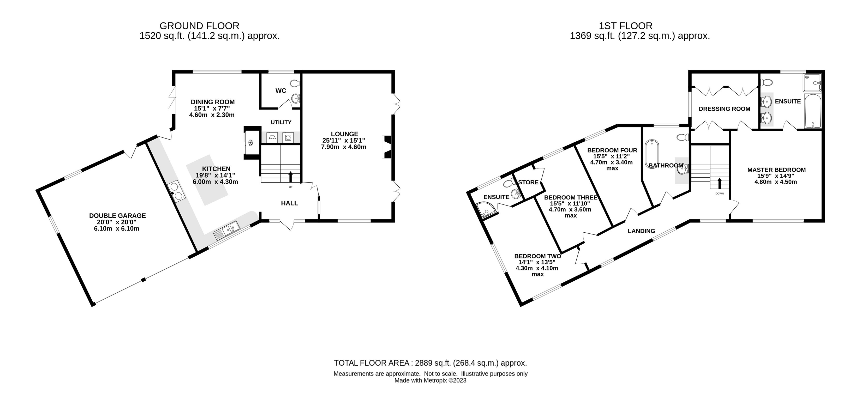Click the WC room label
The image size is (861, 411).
click(281, 90)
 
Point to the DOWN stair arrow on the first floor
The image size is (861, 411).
click(719, 183)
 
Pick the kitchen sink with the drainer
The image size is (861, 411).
click(227, 230)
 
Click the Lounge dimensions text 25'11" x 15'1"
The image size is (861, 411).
click(344, 141)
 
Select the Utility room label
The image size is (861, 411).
click(281, 122)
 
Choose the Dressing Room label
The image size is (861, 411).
click(724, 109)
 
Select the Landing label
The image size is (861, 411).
click(641, 231)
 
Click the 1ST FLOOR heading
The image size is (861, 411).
click(625, 26)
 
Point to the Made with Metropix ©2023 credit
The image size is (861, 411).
click(430, 380)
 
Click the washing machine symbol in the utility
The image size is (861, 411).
click(288, 137)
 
